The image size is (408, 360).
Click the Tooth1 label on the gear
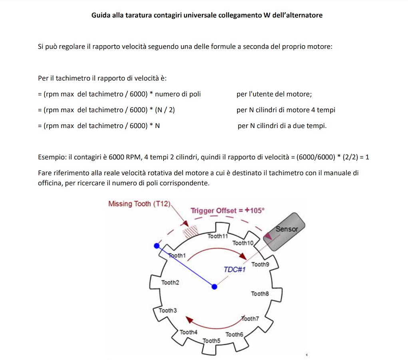click(177, 256)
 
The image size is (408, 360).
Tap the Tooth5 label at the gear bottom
click(211, 341)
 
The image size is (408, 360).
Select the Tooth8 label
click(260, 294)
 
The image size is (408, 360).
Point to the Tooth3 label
click(168, 310)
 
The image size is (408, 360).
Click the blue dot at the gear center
click(215, 286)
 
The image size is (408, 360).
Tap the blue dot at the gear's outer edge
click(157, 245)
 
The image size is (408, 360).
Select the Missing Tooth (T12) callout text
click(139, 204)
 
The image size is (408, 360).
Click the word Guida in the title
click(100, 16)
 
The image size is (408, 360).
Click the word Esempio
click(51, 157)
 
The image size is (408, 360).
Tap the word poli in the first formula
click(194, 94)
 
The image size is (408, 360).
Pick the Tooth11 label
click(217, 236)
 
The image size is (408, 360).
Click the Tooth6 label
click(234, 334)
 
